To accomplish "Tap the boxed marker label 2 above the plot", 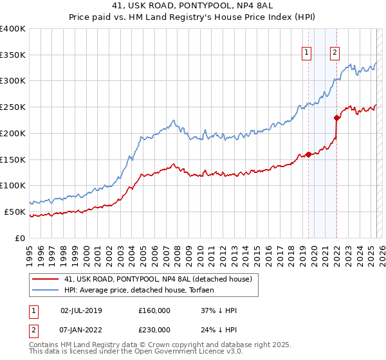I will click(335, 53).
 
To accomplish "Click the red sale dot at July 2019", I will click(308, 154).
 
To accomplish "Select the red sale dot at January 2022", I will click(336, 118).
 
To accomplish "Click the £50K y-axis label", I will click(15, 212).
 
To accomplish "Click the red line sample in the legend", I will click(45, 278).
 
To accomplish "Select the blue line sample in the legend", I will click(45, 291).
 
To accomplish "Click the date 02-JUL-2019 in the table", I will click(81, 310).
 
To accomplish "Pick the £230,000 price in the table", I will click(154, 330).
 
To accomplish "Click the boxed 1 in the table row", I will click(33, 310).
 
